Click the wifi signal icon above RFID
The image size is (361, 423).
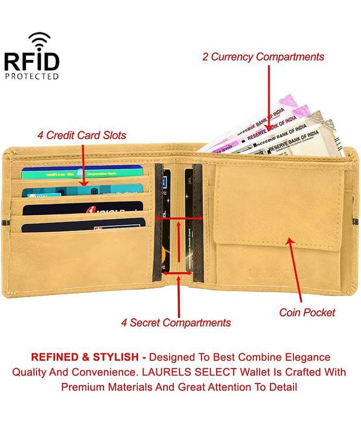[x=39, y=40]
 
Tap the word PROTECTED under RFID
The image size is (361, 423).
[x=32, y=76]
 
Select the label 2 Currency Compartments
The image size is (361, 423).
[x=263, y=57]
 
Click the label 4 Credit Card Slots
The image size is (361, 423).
[x=82, y=135]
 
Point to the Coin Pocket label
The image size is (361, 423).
[x=307, y=312]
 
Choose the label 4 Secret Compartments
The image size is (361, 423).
[x=175, y=323]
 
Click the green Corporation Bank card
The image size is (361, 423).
[x=82, y=172]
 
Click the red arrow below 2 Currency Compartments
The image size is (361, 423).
[x=269, y=96]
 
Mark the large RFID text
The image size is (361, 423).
[x=32, y=60]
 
